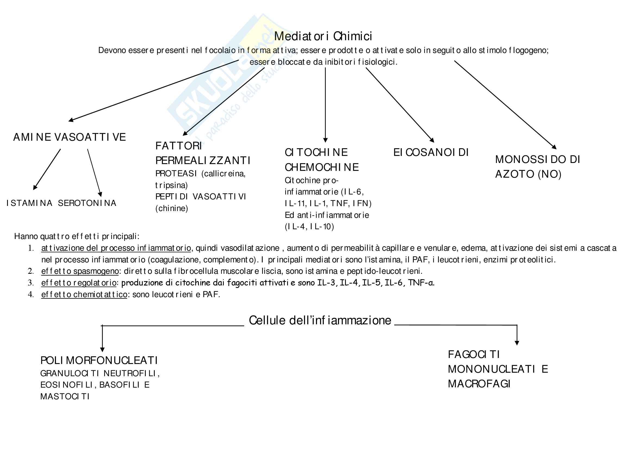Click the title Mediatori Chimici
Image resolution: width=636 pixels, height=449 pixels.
click(323, 36)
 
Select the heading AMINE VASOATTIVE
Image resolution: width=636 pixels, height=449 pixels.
click(70, 137)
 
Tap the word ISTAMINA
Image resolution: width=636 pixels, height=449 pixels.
click(29, 203)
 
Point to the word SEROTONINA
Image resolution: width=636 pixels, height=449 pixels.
click(87, 203)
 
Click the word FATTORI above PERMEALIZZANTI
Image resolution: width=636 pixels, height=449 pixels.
click(178, 146)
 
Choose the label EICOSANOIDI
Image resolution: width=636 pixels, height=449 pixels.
click(431, 152)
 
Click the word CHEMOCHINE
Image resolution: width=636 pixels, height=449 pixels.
click(322, 167)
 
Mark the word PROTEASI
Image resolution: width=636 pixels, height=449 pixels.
click(176, 174)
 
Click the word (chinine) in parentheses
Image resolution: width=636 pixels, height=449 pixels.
click(172, 208)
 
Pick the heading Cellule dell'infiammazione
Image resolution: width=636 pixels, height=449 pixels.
click(320, 320)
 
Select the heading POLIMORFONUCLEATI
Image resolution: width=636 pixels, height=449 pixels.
click(99, 360)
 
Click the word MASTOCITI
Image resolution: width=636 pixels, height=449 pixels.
click(65, 397)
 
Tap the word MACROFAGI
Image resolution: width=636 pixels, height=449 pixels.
click(479, 384)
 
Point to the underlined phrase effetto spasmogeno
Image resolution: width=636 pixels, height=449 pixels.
click(80, 271)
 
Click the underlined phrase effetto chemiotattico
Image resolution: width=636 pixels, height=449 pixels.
click(84, 294)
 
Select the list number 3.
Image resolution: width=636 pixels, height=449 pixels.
click(31, 283)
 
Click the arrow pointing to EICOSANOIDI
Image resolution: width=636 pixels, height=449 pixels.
click(400, 105)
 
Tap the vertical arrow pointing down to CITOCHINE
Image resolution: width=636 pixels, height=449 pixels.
click(325, 105)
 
